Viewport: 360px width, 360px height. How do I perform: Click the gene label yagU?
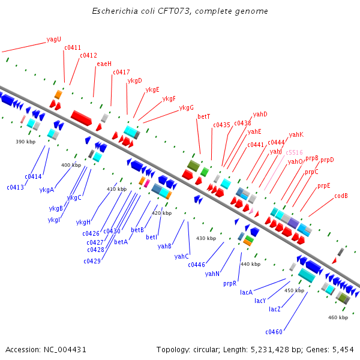point(54,40)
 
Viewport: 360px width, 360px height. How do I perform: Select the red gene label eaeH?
point(104,64)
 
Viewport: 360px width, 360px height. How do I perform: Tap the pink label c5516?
point(294,152)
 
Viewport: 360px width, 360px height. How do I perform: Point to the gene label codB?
point(341,196)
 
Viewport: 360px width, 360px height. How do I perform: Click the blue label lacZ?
point(275,309)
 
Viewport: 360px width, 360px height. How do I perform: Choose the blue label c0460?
point(274,332)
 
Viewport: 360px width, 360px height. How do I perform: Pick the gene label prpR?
point(230,283)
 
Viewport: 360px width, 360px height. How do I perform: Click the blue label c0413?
point(16,187)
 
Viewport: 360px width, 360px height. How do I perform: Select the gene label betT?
point(204,116)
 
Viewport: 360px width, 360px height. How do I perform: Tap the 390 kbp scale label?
point(26,142)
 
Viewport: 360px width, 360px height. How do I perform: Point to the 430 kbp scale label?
point(206,238)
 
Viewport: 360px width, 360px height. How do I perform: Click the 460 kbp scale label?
point(338,317)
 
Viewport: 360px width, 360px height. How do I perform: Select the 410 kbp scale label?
point(116,189)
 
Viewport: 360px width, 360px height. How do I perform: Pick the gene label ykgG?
point(187,108)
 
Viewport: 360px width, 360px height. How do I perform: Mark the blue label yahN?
point(212,274)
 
